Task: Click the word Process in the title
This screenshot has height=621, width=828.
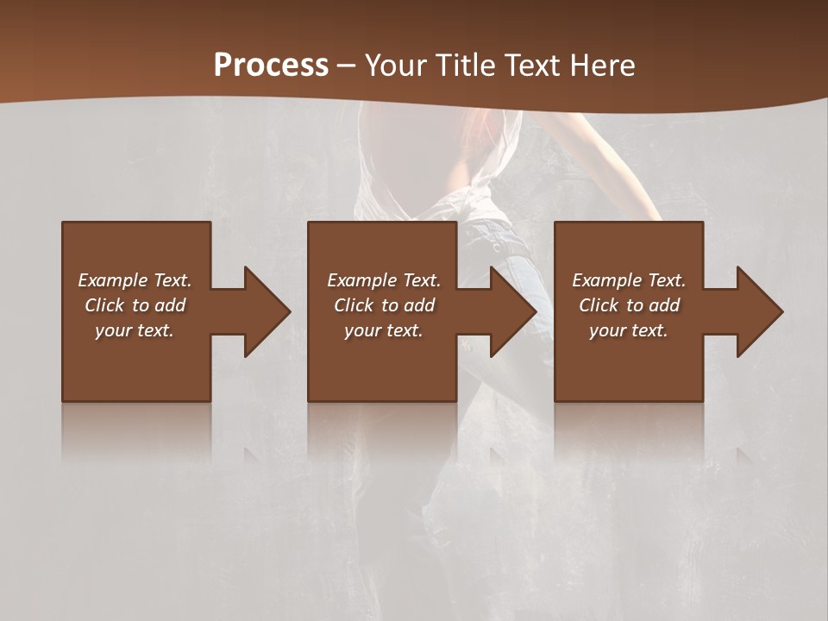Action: pyautogui.click(x=271, y=66)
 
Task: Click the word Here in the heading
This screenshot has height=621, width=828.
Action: pyautogui.click(x=601, y=66)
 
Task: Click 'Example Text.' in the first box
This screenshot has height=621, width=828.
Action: pyautogui.click(x=135, y=280)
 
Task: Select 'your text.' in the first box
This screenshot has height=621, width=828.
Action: pyautogui.click(x=135, y=330)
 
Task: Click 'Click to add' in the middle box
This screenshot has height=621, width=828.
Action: pyautogui.click(x=384, y=305)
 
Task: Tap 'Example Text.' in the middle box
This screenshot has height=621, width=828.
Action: pyautogui.click(x=384, y=280)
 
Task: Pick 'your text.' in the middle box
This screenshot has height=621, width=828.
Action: pyautogui.click(x=384, y=330)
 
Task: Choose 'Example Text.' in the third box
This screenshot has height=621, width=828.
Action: pyautogui.click(x=629, y=280)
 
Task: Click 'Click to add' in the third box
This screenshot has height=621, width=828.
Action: pyautogui.click(x=629, y=305)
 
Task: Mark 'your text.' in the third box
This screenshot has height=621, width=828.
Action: pyautogui.click(x=629, y=330)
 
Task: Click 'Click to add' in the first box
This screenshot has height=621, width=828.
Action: pyautogui.click(x=135, y=305)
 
